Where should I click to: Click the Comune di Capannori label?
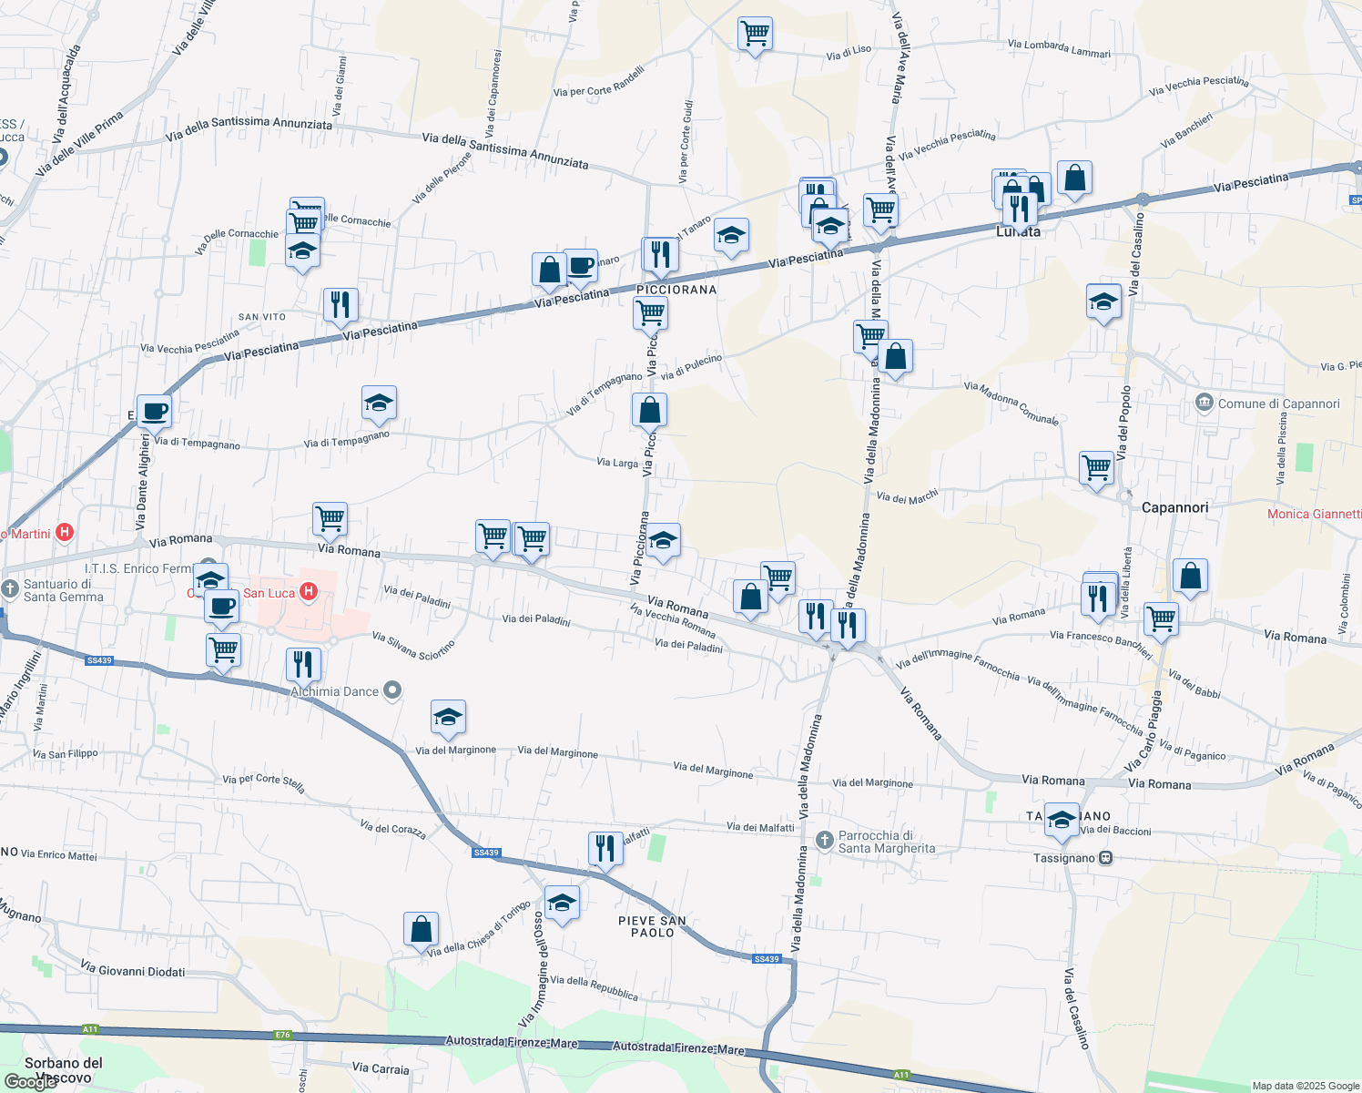coord(1278,403)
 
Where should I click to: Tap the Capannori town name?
coord(1174,507)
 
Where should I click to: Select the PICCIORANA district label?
coord(676,290)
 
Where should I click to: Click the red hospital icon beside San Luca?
coord(309,592)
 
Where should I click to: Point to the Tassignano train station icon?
coord(1105,858)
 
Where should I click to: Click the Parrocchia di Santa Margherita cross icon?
coord(825,840)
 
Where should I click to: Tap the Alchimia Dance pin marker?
coord(392,691)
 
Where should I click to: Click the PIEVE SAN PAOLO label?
coord(653,926)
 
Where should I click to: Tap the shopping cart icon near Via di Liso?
coord(755,35)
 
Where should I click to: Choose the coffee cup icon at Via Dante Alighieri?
coord(154,411)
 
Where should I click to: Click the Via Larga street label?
coord(617,463)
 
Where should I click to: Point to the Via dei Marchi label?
coord(907,497)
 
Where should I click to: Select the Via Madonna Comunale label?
coord(1011,403)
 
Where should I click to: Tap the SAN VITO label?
coord(262,317)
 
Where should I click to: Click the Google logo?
coord(30,1082)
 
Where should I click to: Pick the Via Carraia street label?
coord(381,1067)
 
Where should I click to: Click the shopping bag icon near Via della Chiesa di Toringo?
coord(421,929)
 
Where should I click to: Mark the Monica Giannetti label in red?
coord(1314,514)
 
